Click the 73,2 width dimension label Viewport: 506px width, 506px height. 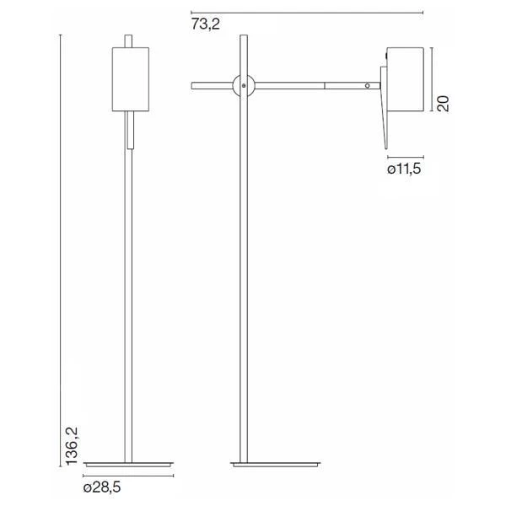coord(205,24)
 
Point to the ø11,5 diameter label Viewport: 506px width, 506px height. coord(404,170)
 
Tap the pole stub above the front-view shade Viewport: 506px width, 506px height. coord(129,41)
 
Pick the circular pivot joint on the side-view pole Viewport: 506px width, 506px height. coord(244,84)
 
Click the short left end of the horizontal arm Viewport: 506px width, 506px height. coord(209,84)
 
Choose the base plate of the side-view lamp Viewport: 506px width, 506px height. coord(276,465)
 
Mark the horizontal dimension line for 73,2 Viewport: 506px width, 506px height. coord(304,12)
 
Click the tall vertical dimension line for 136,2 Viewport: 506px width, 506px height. coord(62,253)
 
